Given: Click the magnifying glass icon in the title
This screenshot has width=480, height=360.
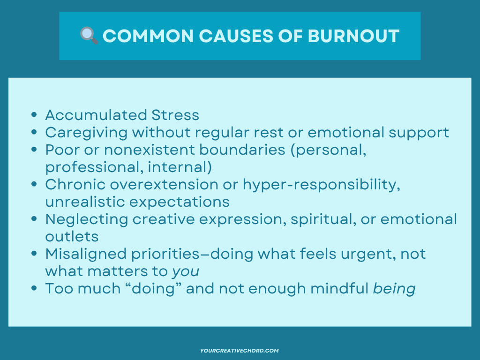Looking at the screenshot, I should click(89, 36).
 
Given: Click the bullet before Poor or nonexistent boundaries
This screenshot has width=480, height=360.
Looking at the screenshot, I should click(34, 150).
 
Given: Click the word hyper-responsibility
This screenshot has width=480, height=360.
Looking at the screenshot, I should click(322, 184).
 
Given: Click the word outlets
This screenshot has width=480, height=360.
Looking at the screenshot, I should click(72, 236).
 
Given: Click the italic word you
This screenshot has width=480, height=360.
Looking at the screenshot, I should click(186, 272).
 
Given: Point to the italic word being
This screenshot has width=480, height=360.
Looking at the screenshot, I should click(394, 289).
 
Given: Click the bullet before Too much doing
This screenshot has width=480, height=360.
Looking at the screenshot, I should click(34, 289).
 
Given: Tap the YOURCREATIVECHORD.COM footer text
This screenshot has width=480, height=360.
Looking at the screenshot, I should click(240, 350).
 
